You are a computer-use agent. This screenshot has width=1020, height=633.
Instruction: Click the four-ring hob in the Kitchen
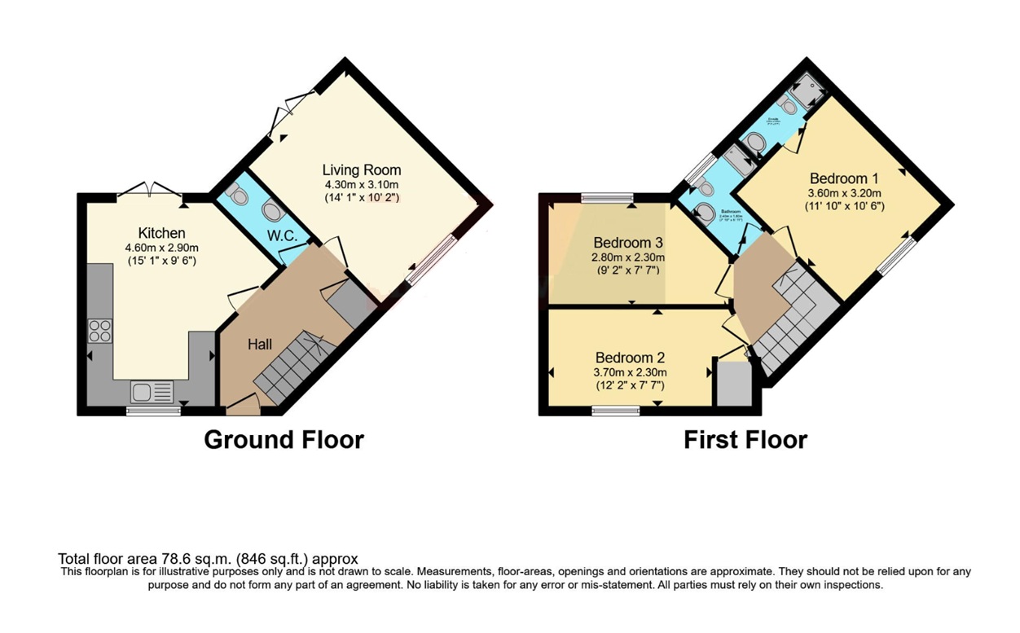[x=99, y=331]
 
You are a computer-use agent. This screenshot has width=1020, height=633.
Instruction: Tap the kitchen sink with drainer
[x=152, y=393]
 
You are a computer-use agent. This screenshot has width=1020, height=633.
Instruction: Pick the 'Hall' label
[x=260, y=345]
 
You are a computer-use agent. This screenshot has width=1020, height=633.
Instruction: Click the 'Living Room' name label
[x=361, y=169]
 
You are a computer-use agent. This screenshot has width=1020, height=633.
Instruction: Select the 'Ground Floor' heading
[x=284, y=440]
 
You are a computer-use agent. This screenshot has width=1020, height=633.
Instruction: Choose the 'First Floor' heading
[x=745, y=440]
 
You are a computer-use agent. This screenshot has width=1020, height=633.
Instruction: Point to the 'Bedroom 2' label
[x=630, y=357]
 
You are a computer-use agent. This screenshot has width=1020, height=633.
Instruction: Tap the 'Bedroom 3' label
[x=627, y=242]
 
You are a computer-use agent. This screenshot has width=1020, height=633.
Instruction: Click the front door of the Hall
[x=242, y=402]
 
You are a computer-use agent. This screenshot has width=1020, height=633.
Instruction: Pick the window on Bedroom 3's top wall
[x=608, y=196]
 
